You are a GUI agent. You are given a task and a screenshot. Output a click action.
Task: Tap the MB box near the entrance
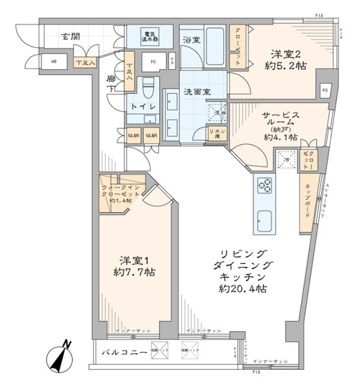pos(52,63)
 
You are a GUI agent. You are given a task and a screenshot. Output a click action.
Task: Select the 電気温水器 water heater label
pos(150,37)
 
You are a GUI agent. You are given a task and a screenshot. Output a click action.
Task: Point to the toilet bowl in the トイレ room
pos(149,85)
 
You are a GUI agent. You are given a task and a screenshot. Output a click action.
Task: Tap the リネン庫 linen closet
pos(216,133)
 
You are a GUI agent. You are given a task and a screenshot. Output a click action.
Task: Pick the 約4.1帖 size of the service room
pos(280,137)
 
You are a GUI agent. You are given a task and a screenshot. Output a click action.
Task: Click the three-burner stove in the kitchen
pos(265,187)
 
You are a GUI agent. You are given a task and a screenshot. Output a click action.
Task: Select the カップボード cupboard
pos(304,204)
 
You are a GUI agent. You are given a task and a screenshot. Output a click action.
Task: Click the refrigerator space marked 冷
pos(284,159)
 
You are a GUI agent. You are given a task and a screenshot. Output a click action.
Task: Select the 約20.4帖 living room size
pos(242,288)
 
